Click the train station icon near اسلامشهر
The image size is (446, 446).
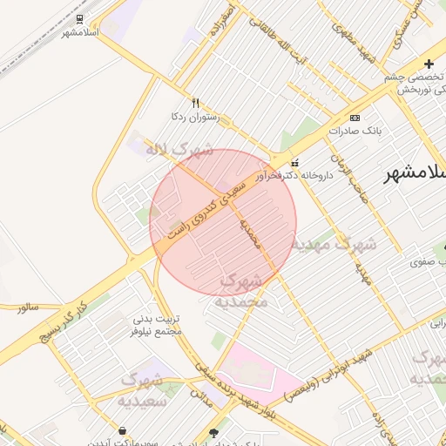(x=79, y=18)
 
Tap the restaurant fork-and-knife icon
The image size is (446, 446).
(x=196, y=102)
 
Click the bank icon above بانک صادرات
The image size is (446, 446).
(x=355, y=117)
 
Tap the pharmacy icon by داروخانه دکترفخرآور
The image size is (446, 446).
(x=294, y=162)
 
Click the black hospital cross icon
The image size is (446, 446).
(x=429, y=64)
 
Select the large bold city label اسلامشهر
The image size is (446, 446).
(x=416, y=172)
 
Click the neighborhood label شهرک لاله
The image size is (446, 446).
(x=179, y=150)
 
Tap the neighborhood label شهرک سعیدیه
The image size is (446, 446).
(x=141, y=389)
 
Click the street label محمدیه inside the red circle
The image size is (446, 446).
(x=249, y=231)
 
